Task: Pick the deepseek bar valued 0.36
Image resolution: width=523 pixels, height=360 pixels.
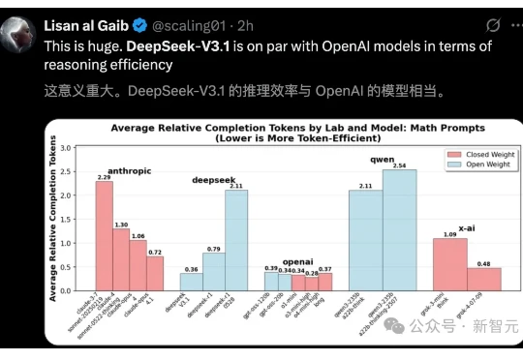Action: tap(192, 282)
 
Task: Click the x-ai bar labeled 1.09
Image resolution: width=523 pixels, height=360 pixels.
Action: tap(449, 264)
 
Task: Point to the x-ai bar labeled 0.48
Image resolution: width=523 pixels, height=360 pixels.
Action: tap(483, 279)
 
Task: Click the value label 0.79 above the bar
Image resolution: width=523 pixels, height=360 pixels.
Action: tap(214, 249)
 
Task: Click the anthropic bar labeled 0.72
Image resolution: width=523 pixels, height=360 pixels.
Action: tap(154, 273)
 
